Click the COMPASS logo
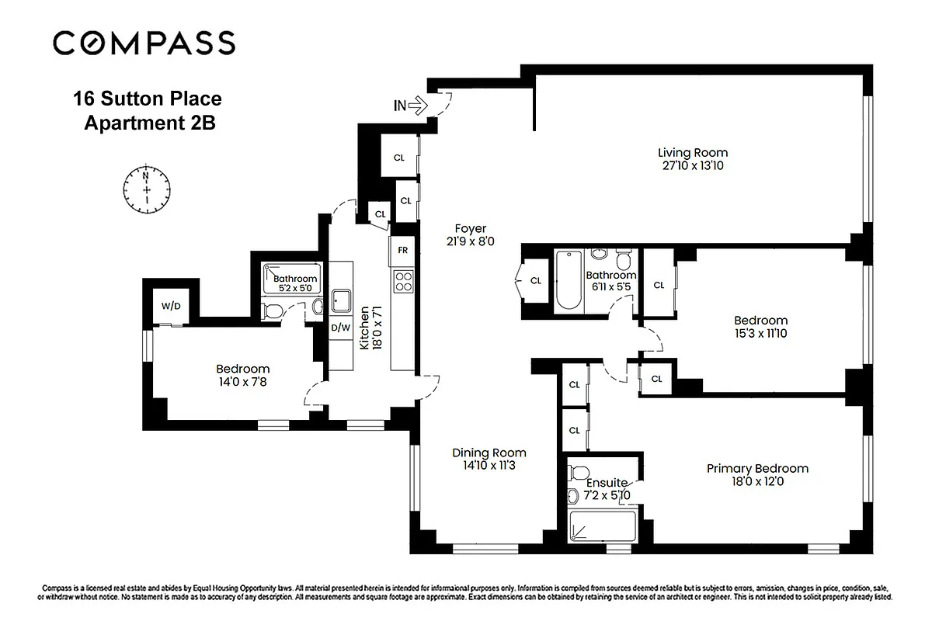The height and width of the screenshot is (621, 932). tap(144, 43)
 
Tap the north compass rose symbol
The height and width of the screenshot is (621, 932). tap(146, 188)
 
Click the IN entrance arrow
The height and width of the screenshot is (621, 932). tap(411, 105)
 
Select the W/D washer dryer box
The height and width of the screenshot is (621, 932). tap(171, 305)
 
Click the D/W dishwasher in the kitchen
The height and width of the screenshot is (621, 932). tap(340, 327)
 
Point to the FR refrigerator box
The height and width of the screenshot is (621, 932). tap(402, 250)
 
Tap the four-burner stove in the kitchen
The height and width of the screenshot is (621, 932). tap(403, 281)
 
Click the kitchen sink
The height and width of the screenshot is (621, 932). tap(340, 300)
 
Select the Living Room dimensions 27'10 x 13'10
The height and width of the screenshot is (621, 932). tap(693, 165)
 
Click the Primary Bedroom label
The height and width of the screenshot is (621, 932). tap(757, 468)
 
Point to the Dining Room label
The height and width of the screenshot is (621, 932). tap(489, 453)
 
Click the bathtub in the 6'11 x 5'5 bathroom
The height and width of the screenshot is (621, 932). tap(567, 282)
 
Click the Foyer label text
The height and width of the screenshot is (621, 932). tap(471, 228)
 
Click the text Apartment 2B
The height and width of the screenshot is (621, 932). tap(148, 123)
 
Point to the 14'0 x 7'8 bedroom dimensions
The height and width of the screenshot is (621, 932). tap(243, 382)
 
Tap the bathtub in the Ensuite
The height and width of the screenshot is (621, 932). tap(602, 527)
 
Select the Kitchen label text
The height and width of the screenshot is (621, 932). tap(364, 328)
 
